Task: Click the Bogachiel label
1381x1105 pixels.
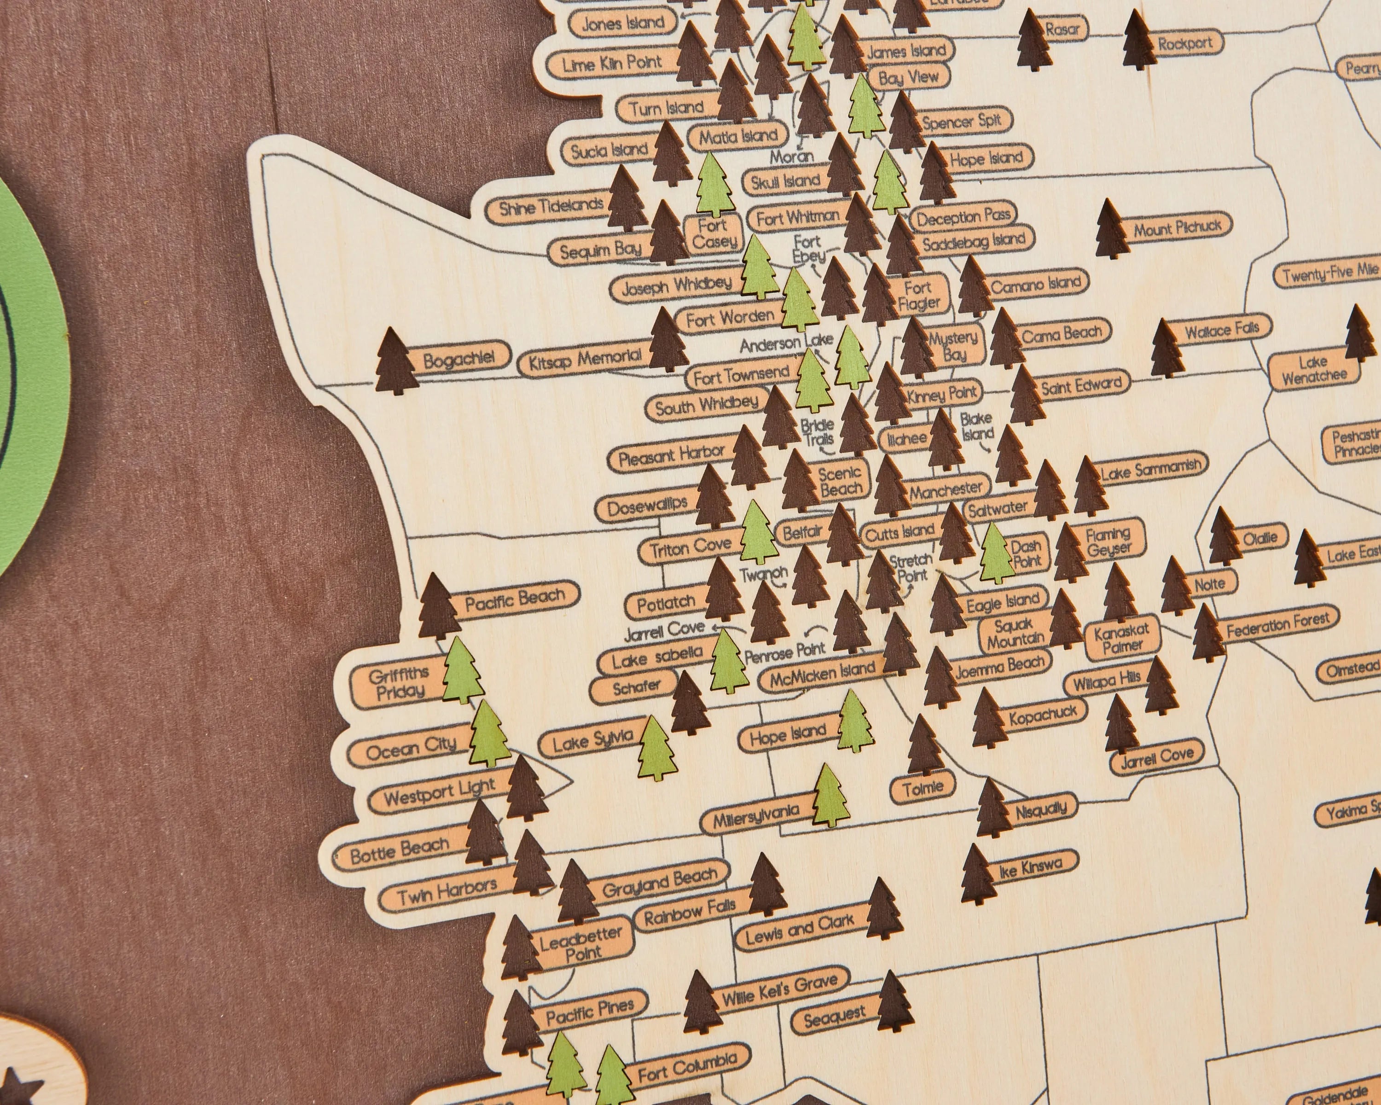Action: pos(458,358)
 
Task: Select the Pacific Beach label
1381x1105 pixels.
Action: pos(514,599)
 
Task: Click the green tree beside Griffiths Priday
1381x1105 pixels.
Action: pos(462,671)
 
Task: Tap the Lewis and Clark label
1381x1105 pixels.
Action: pos(800,928)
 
